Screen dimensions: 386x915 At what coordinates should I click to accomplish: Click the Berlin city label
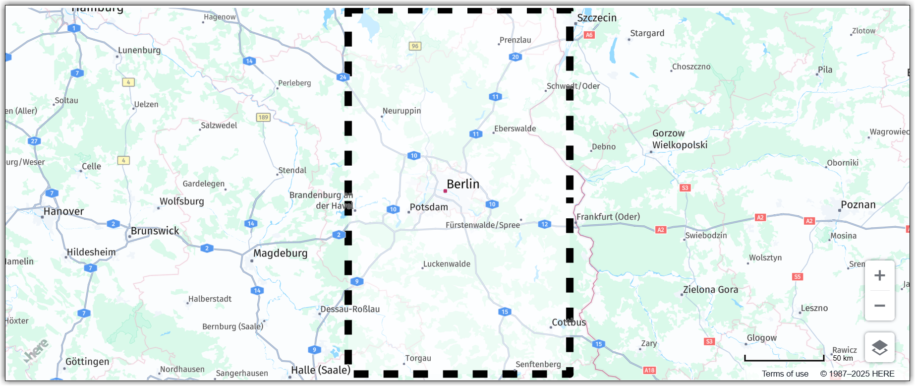(463, 184)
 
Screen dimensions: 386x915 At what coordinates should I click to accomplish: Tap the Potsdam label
(429, 207)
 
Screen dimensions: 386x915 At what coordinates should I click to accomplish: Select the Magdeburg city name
(280, 254)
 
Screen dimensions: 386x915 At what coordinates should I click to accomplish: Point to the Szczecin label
(597, 18)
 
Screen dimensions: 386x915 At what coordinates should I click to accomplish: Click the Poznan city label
(858, 205)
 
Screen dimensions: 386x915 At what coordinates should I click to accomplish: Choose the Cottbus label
(569, 322)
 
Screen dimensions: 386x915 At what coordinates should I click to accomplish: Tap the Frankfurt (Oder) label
(608, 217)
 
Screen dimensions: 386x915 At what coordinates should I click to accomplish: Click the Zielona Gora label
(710, 290)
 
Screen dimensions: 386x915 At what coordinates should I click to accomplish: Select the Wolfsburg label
(181, 201)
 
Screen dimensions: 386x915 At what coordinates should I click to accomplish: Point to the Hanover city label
(63, 212)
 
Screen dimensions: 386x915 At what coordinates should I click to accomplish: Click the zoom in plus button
(880, 275)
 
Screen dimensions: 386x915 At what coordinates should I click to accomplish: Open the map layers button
(880, 347)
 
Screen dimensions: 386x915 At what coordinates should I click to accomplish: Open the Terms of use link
(785, 374)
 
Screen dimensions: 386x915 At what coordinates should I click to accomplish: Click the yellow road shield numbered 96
(415, 46)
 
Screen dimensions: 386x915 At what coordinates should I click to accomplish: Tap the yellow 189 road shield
(263, 118)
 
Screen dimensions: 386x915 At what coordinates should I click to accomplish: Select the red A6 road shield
(589, 35)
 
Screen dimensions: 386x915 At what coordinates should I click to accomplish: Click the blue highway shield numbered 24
(343, 77)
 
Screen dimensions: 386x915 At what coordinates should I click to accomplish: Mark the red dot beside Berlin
(445, 191)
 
